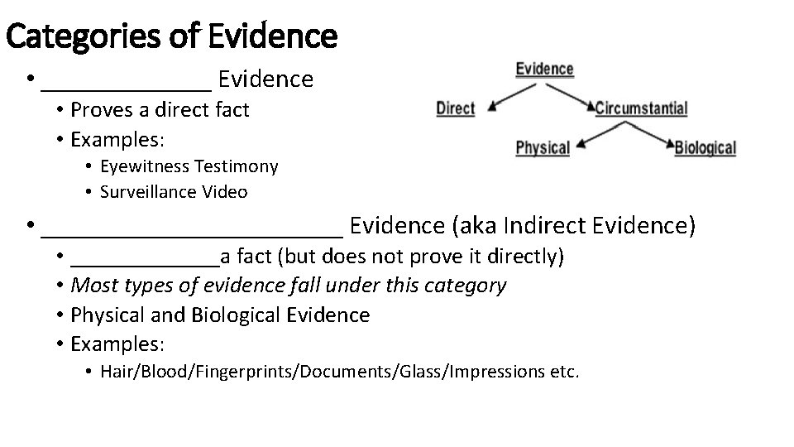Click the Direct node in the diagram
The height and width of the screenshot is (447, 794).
pyautogui.click(x=455, y=108)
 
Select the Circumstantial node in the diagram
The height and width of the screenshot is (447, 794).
pyautogui.click(x=641, y=108)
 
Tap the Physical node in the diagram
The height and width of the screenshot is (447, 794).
pyautogui.click(x=543, y=148)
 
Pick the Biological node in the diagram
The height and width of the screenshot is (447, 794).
pyautogui.click(x=705, y=148)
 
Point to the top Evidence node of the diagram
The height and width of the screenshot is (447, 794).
pyautogui.click(x=544, y=69)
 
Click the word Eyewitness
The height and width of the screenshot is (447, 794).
pyautogui.click(x=144, y=166)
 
